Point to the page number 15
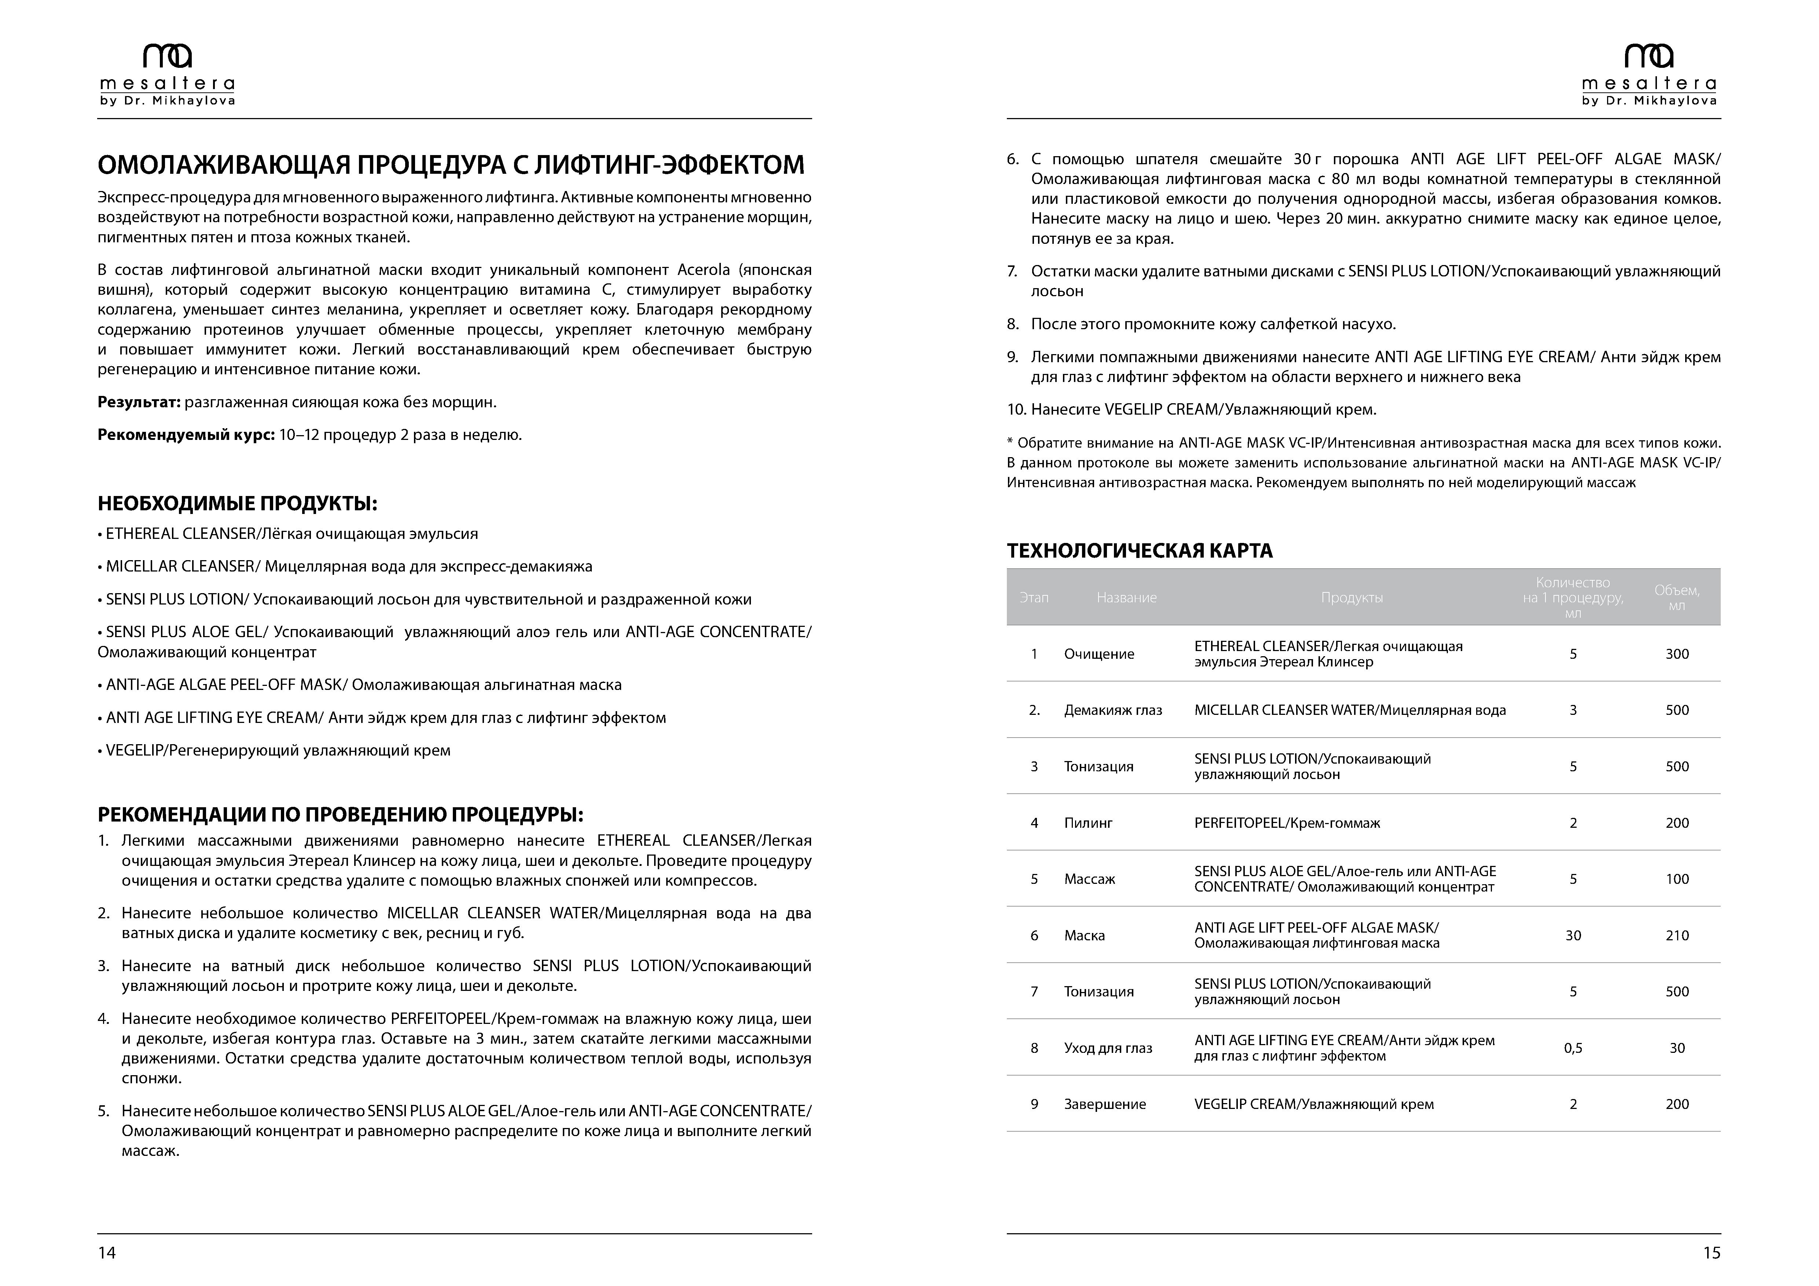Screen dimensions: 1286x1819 1711,1252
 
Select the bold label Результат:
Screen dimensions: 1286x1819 139,402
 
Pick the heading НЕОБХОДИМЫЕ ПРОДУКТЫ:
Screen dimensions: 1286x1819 237,504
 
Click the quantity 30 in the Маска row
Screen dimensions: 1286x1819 1573,935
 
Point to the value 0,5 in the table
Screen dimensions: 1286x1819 1573,1048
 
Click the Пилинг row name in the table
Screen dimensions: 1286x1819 1088,823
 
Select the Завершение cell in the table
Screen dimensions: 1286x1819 1104,1104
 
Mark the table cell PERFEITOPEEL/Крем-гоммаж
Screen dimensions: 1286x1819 1287,823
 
